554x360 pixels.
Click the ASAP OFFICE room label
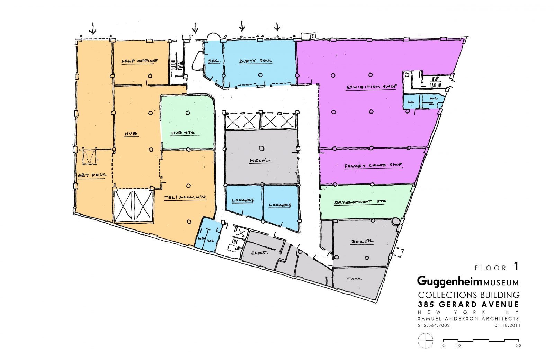click(x=139, y=61)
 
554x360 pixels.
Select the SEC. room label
click(x=214, y=61)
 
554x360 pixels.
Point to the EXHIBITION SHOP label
click(x=371, y=87)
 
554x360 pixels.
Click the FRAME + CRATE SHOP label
click(x=373, y=165)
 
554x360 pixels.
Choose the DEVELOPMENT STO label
click(x=360, y=202)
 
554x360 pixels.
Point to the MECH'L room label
click(x=260, y=161)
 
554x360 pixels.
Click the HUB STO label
click(x=183, y=133)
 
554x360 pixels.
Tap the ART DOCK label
click(x=92, y=175)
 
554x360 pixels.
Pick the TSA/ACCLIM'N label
click(x=185, y=198)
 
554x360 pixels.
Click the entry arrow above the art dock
click(x=92, y=28)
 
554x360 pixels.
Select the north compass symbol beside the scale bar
click(x=426, y=341)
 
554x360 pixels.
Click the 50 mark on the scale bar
click(x=518, y=345)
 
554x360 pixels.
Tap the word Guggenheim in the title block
click(x=449, y=281)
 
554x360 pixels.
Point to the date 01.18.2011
click(x=507, y=325)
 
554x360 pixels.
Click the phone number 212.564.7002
click(x=434, y=325)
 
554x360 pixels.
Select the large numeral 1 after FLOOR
click(x=516, y=267)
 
